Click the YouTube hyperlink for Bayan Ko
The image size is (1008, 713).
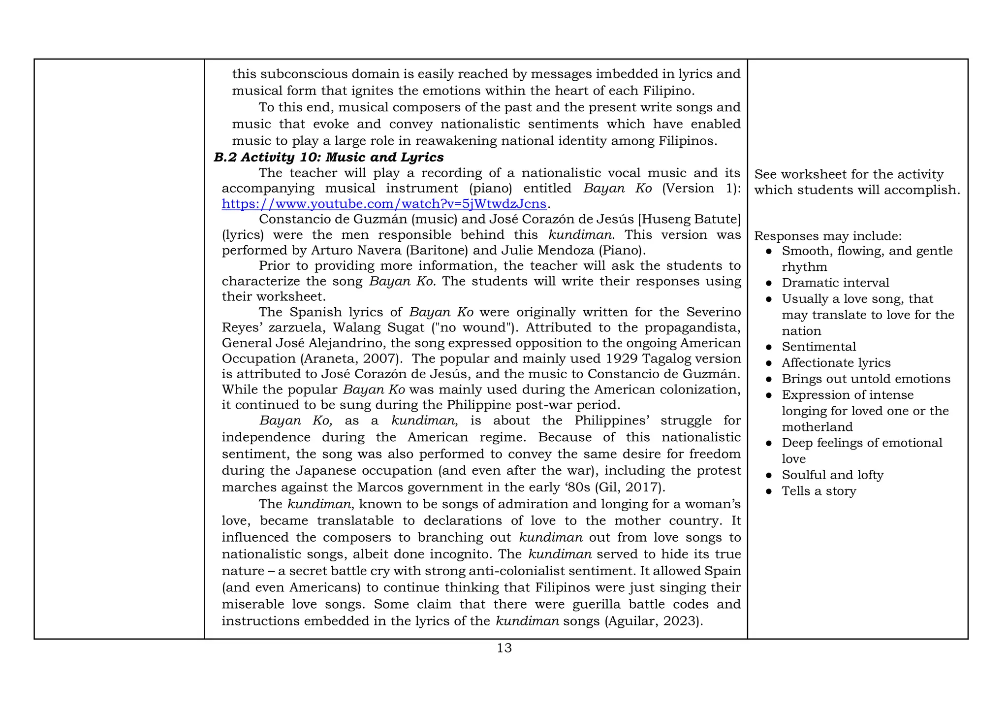384,204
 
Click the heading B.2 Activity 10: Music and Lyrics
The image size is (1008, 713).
328,157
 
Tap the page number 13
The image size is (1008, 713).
504,648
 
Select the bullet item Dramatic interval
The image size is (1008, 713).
835,283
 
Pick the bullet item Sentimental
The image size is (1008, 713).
819,347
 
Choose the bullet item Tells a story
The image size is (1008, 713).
819,491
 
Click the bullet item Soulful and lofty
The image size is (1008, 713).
832,475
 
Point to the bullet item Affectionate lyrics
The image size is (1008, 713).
836,363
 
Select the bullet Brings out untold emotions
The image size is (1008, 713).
866,379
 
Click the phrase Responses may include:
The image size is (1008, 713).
828,236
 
